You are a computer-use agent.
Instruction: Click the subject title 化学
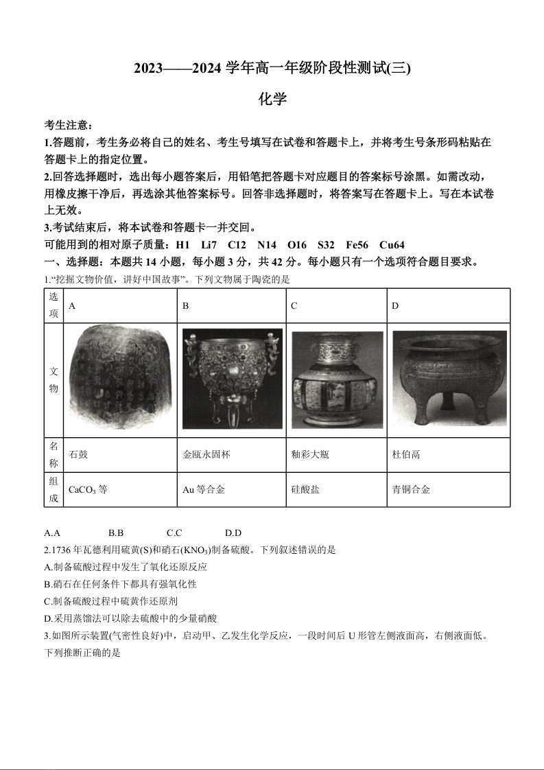coord(272,100)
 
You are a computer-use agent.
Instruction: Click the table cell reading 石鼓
coord(79,454)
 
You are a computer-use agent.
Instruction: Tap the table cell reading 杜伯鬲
coord(406,454)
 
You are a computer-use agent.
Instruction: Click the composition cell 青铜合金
coord(411,490)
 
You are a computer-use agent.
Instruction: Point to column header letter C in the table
coord(294,306)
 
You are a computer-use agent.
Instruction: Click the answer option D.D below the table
coord(233,533)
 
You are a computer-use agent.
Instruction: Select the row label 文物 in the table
coord(54,380)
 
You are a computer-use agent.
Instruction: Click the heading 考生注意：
coord(68,126)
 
